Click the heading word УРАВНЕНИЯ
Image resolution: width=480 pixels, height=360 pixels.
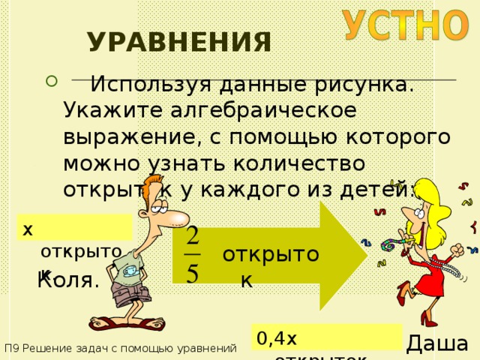point(179,43)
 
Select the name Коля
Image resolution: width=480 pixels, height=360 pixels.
point(68,281)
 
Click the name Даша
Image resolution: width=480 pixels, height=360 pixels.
point(437,344)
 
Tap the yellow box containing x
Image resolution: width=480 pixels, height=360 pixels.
point(75,227)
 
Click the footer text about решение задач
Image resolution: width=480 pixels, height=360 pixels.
point(120,348)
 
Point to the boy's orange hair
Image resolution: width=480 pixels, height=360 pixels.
point(157,187)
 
